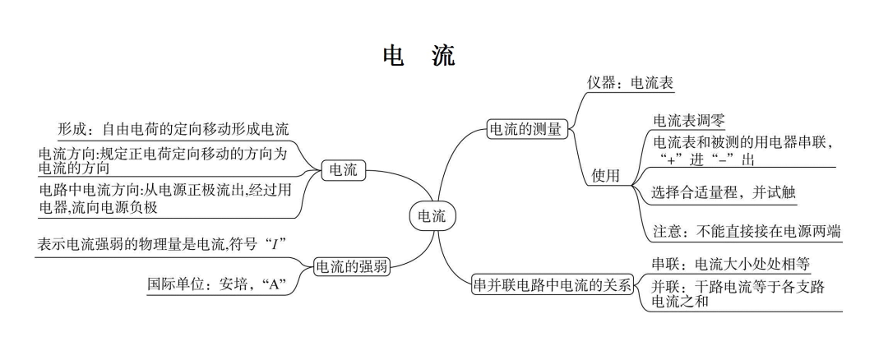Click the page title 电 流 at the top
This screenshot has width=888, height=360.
click(x=419, y=55)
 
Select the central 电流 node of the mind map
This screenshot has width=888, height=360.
click(x=433, y=216)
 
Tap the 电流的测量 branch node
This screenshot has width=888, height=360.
click(x=525, y=129)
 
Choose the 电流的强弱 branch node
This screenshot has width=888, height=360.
click(x=353, y=266)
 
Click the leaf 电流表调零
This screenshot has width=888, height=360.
click(x=688, y=121)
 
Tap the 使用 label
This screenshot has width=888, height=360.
click(x=605, y=175)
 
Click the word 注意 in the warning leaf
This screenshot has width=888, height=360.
click(x=666, y=232)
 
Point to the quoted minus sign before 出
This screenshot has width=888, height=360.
click(x=713, y=159)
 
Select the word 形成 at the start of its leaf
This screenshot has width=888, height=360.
click(x=72, y=130)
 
